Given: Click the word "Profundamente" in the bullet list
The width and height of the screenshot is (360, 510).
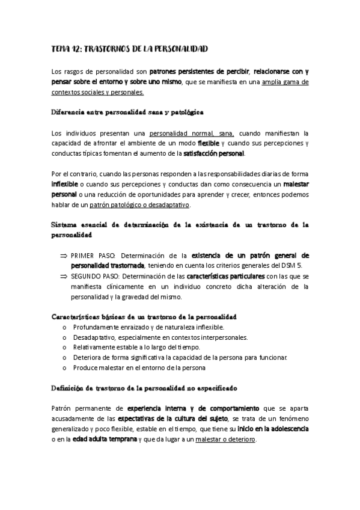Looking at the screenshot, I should (96, 327).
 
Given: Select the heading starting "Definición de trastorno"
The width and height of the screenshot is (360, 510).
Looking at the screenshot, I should (144, 389).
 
